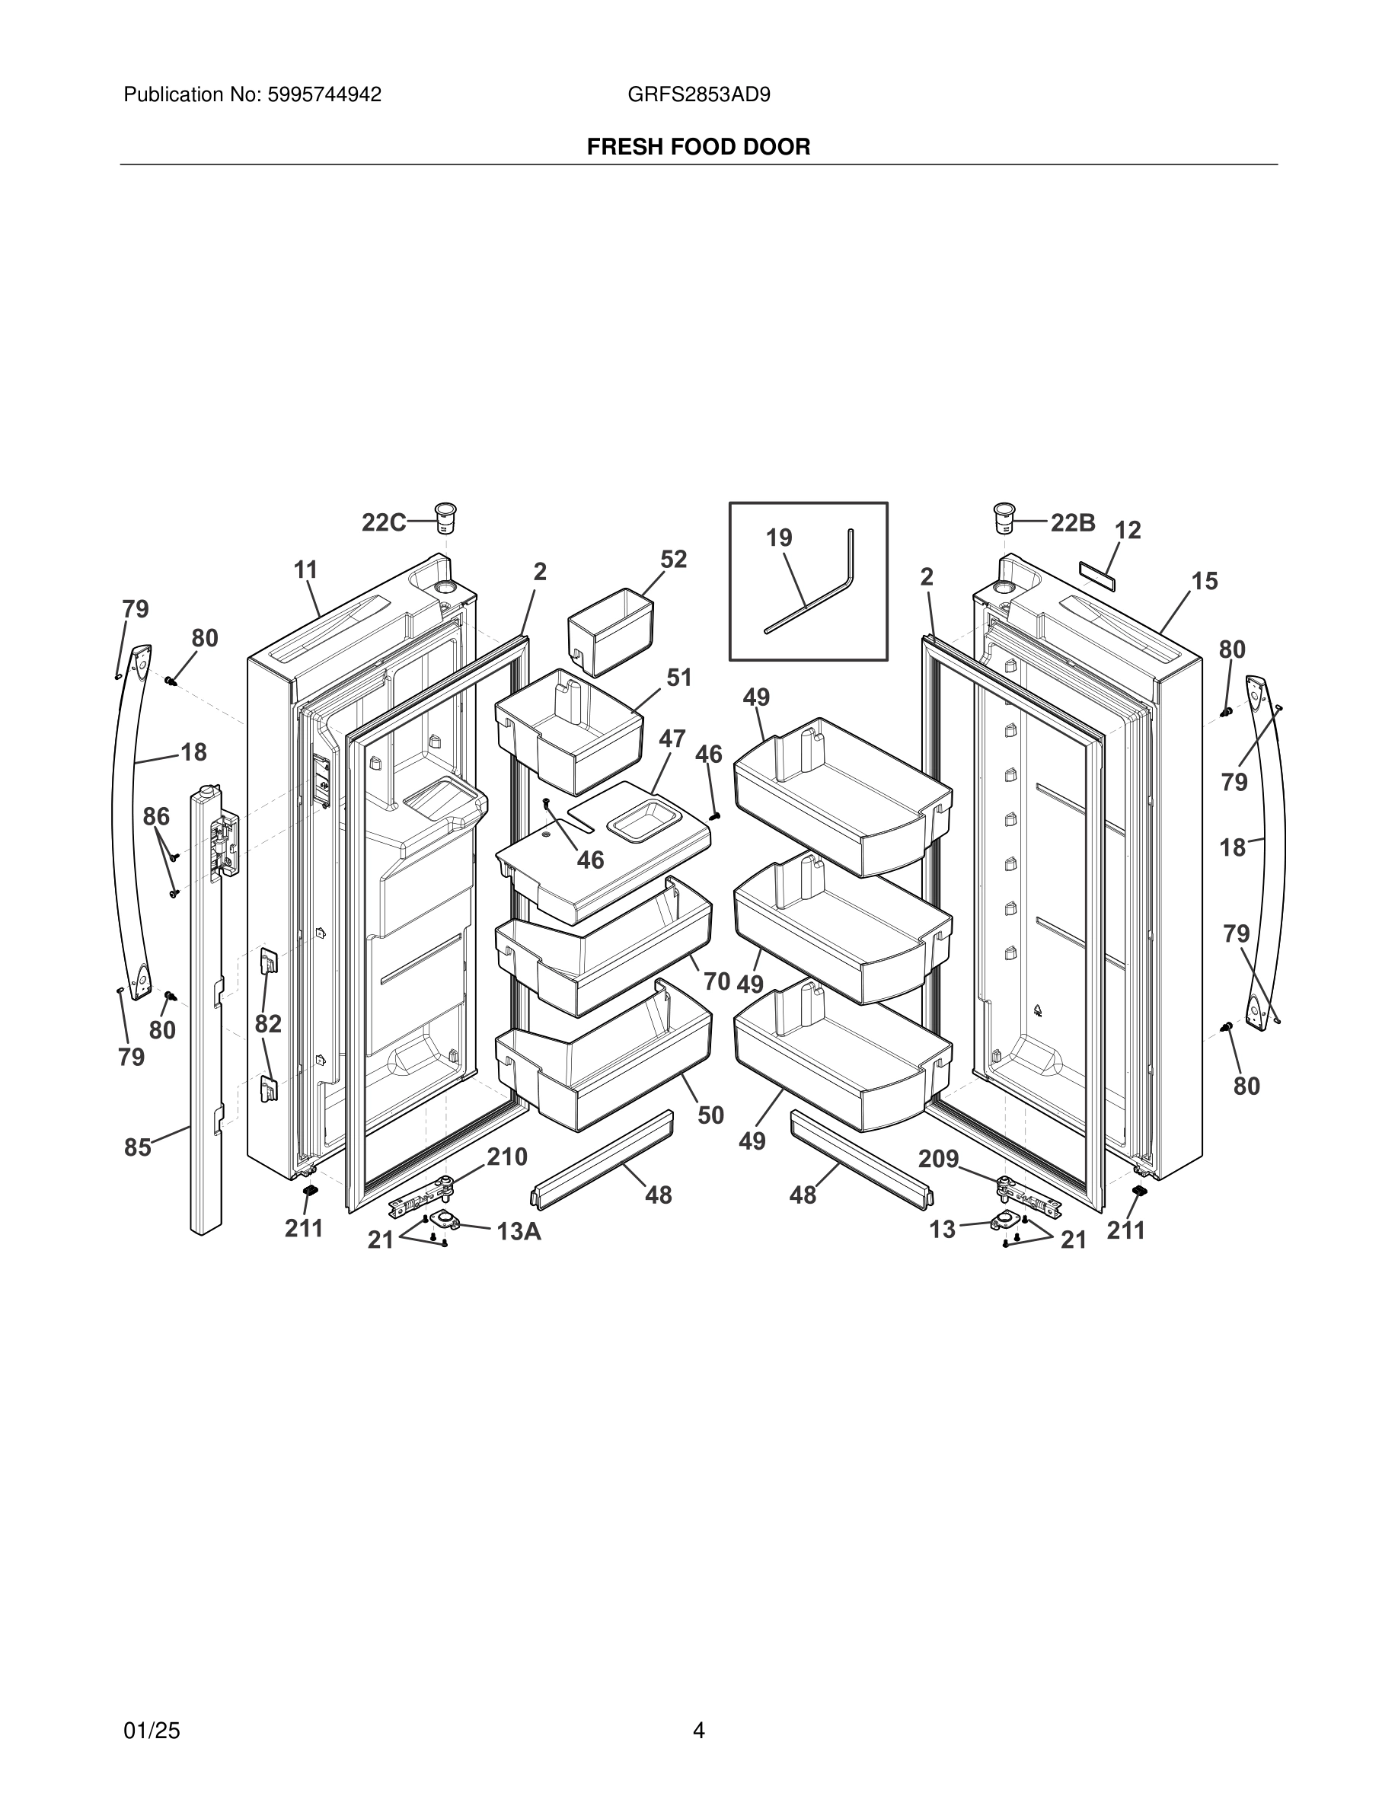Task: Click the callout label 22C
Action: coord(384,522)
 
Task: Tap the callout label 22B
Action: coord(1073,522)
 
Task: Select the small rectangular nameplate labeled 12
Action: coord(1097,574)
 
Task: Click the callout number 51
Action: coord(679,678)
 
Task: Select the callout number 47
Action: coord(672,738)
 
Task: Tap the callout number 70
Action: coord(717,981)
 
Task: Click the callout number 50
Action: coord(710,1115)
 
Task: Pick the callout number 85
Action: coord(138,1147)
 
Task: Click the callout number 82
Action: coord(267,1024)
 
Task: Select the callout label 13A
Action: coord(519,1232)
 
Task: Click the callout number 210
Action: coord(507,1157)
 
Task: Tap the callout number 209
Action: coord(938,1159)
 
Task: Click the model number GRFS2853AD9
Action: coord(698,94)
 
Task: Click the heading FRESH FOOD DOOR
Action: coord(698,147)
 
